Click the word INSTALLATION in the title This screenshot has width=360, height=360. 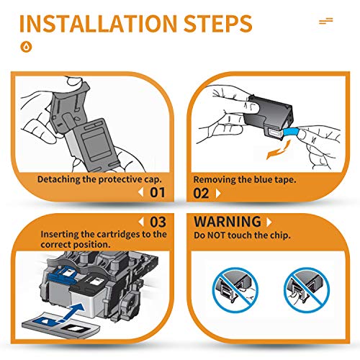tap(98, 23)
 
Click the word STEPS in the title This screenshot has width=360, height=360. tap(218, 23)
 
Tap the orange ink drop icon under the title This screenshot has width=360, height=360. tap(26, 47)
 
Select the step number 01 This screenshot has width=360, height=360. tap(158, 192)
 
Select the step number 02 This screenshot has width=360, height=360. tap(201, 194)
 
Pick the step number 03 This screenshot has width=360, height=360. tap(158, 222)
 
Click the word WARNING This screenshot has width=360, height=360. tap(228, 221)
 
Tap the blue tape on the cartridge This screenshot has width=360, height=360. tap(291, 132)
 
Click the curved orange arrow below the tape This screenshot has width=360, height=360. tap(279, 150)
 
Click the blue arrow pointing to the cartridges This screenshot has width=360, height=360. tap(72, 312)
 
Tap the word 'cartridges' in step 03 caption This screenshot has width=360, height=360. tap(117, 235)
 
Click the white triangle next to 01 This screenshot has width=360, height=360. tap(141, 192)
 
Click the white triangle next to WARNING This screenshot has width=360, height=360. tap(269, 222)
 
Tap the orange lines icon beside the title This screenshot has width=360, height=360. tap(326, 21)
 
